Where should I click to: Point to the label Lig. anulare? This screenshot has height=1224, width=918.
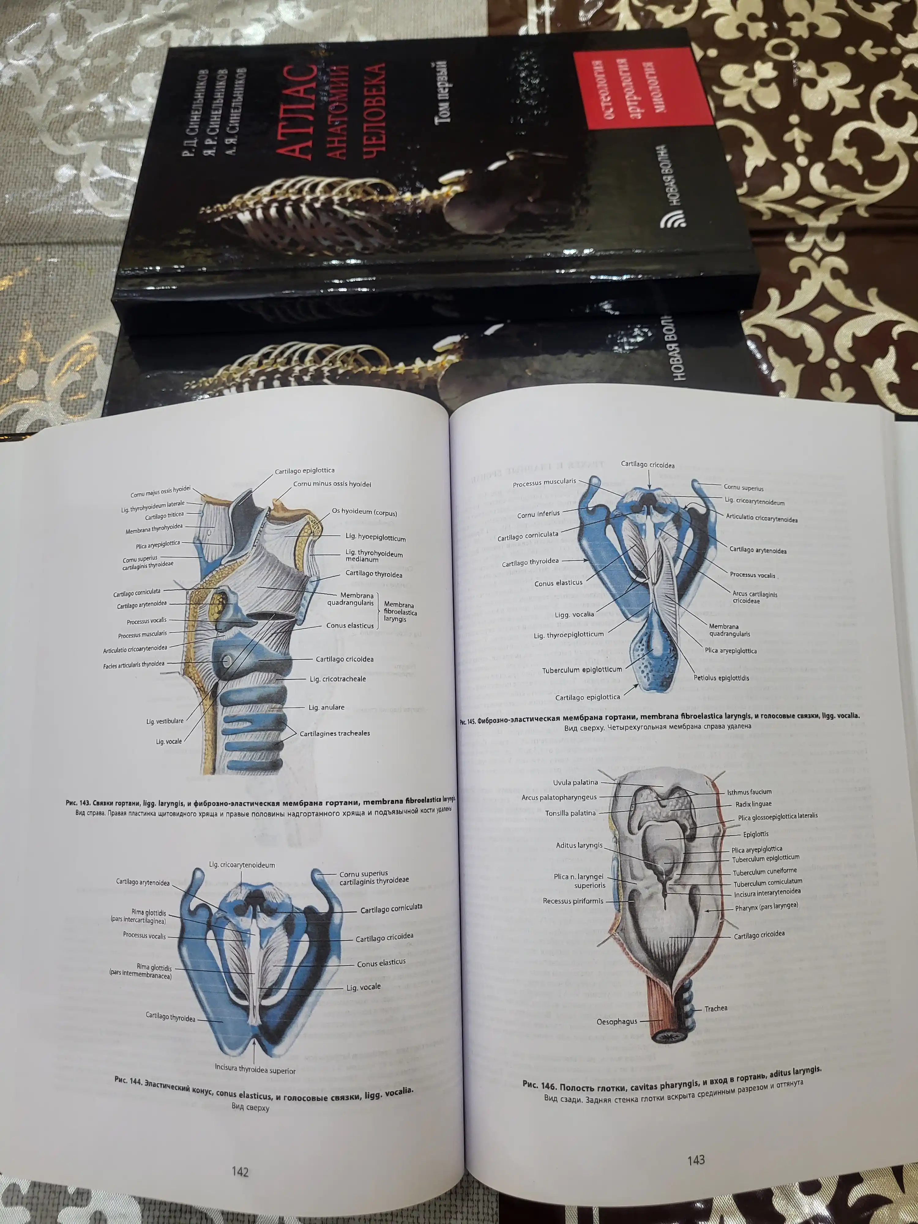click(327, 707)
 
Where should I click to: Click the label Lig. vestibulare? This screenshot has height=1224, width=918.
click(165, 722)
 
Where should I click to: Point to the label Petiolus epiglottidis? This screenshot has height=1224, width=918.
click(722, 677)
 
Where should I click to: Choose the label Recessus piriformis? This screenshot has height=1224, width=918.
click(573, 901)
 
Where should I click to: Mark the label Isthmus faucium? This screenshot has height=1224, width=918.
click(749, 792)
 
